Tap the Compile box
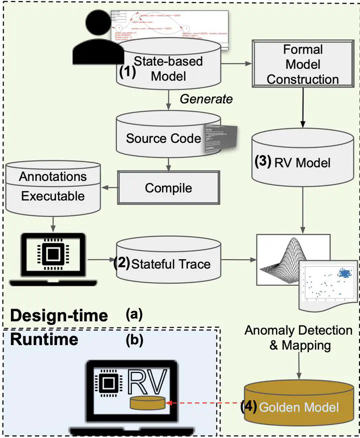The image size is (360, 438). point(168,188)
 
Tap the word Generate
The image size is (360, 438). point(206,99)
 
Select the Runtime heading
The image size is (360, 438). point(44,340)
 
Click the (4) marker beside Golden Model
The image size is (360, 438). point(248,406)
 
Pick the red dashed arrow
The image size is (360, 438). point(202,403)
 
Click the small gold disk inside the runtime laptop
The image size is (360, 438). point(146,402)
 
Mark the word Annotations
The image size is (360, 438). point(52,176)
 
